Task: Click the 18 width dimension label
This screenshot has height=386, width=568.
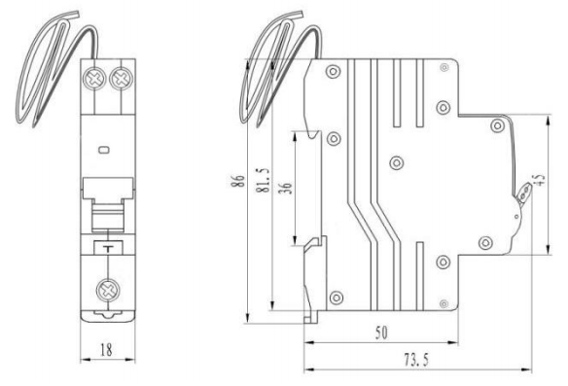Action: click(106, 350)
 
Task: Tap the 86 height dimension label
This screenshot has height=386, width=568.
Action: click(237, 181)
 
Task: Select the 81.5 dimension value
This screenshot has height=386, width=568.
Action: click(264, 180)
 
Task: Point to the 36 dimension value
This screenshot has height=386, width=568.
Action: click(287, 188)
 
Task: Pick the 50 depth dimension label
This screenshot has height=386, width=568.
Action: click(381, 333)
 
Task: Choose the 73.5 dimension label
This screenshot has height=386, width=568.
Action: click(416, 360)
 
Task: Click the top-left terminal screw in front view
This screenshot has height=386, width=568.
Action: click(93, 78)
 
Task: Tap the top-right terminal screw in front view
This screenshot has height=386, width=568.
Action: click(122, 78)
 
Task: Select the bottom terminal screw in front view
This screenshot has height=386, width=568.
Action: click(107, 290)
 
